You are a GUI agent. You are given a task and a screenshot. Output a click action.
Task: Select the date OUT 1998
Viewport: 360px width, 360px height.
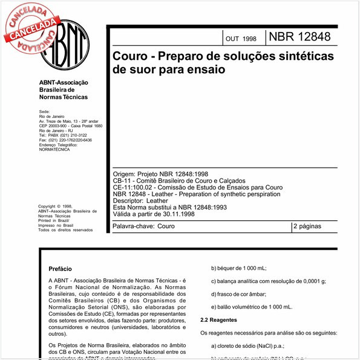(240, 39)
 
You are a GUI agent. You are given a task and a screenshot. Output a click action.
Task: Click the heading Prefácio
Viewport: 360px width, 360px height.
(60, 267)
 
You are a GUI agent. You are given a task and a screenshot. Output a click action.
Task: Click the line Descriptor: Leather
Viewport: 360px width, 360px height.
(140, 200)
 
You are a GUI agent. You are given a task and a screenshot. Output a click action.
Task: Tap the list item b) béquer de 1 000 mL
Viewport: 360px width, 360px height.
(238, 267)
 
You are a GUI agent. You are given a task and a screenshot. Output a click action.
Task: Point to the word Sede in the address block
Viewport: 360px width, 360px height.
(44, 112)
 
